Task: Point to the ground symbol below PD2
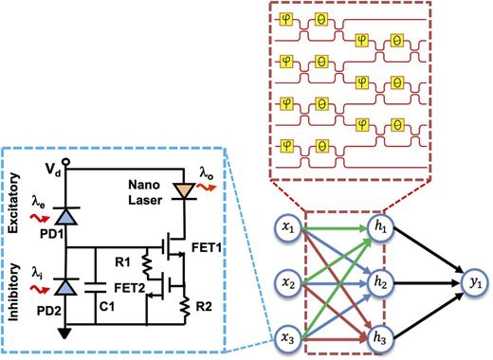click(x=64, y=333)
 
